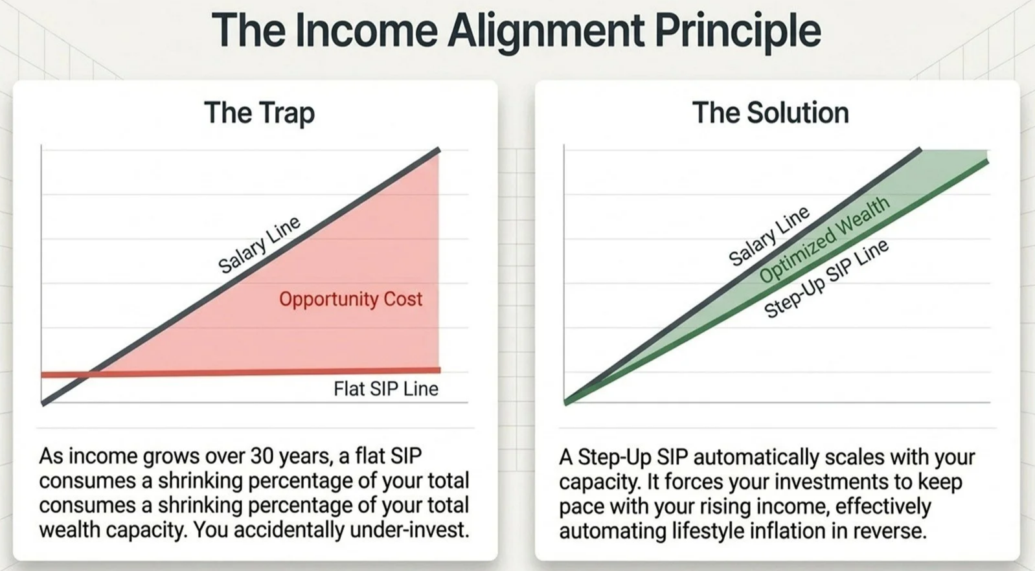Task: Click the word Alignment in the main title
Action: [546, 32]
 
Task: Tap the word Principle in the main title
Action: [738, 32]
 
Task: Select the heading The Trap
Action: [259, 113]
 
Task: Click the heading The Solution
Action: [770, 113]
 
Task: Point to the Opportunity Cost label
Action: [350, 299]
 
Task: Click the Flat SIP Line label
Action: [386, 389]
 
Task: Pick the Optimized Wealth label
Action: [825, 240]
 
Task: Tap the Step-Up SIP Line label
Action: [826, 278]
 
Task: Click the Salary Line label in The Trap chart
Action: [259, 244]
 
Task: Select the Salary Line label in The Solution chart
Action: [769, 236]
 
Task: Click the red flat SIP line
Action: [241, 372]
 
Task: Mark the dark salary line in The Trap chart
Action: [241, 276]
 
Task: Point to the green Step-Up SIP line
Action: [776, 283]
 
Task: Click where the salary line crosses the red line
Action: [89, 375]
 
